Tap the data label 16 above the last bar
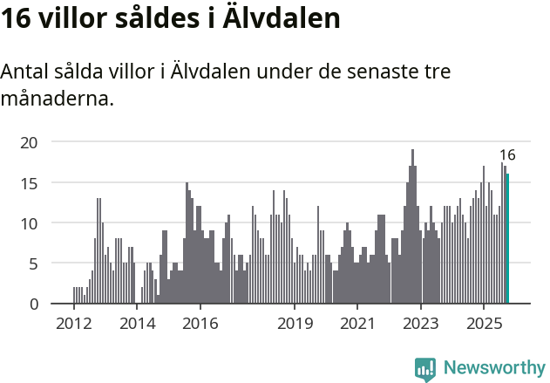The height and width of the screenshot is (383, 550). pos(507,155)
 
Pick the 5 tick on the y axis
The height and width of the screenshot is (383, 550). pos(33,263)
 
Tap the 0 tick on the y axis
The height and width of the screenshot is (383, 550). pos(33,304)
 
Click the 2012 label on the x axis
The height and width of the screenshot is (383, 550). pos(73,324)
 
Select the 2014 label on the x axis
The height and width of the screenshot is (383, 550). pos(137,324)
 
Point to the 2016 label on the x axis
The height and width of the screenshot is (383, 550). pos(200,324)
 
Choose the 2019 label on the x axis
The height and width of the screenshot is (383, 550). pos(295,324)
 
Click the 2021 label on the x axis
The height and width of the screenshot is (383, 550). pos(357,324)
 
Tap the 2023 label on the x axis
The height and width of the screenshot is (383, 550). pos(421,324)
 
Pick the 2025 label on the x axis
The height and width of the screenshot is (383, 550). pos(484,324)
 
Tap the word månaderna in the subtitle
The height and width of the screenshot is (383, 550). pos(58,99)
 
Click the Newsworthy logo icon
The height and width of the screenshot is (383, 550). pos(425,368)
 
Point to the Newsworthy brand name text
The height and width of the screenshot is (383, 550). pos(494,368)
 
